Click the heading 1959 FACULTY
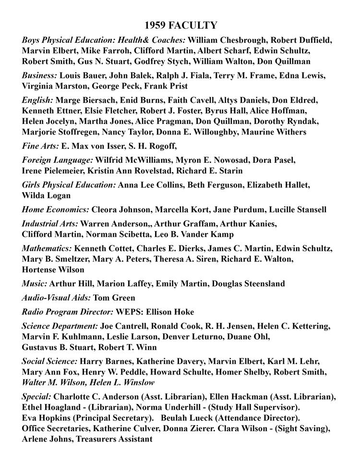180,25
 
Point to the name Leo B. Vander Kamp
203,234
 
